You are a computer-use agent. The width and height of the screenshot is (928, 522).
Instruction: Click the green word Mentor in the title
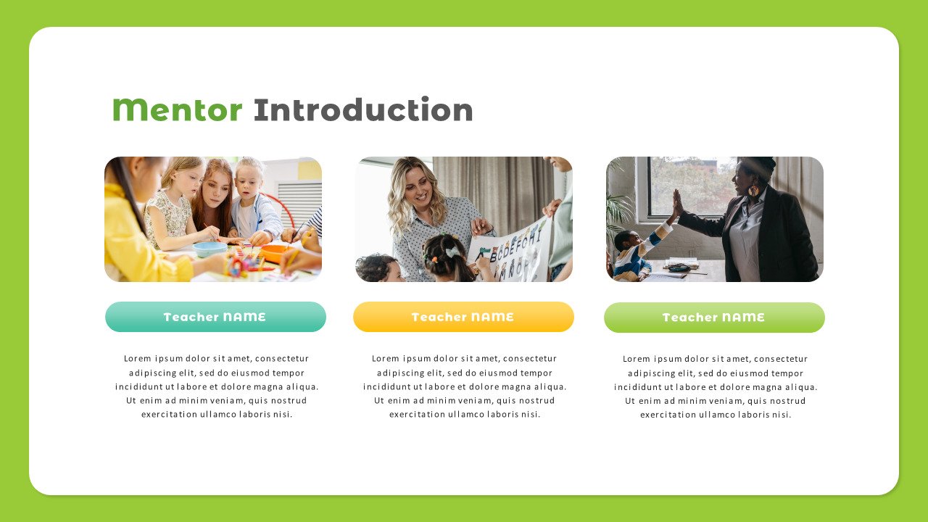(178, 110)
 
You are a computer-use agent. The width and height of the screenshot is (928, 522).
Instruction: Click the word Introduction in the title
(363, 110)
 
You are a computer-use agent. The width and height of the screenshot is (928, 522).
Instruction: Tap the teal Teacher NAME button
(215, 317)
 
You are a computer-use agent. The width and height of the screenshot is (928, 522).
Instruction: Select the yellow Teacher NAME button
(463, 317)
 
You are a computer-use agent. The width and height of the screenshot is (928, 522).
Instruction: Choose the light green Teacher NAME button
(714, 318)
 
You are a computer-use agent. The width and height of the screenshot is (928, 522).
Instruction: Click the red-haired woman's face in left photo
(215, 191)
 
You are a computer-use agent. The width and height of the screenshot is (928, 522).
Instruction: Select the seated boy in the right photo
(629, 254)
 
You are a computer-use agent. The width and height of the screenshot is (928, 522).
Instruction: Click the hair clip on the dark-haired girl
(451, 252)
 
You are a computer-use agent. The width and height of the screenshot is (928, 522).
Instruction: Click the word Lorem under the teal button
(137, 358)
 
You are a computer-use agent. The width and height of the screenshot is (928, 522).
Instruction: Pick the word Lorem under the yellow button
(385, 358)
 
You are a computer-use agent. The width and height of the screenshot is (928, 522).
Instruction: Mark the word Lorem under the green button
(636, 358)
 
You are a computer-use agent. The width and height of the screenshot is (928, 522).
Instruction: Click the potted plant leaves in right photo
(618, 203)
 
